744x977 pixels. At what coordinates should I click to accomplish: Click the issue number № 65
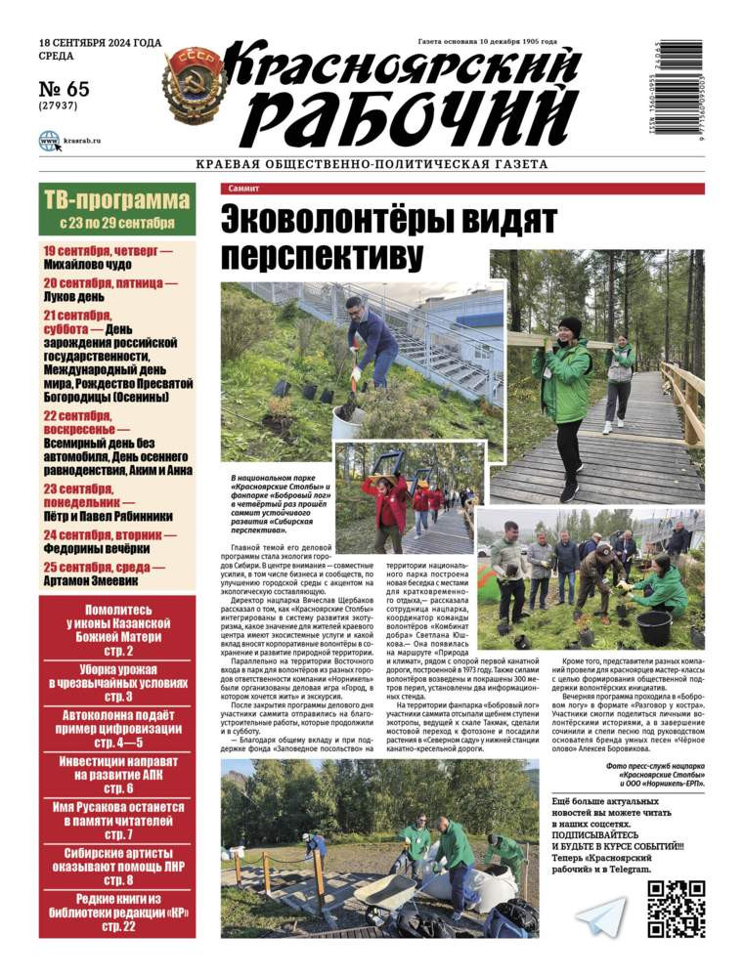click(x=65, y=90)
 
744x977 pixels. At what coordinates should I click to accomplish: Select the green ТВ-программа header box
click(x=116, y=209)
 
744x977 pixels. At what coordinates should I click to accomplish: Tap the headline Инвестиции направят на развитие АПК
click(x=116, y=765)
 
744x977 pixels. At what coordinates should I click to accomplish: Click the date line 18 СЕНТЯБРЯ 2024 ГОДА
click(x=101, y=44)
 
